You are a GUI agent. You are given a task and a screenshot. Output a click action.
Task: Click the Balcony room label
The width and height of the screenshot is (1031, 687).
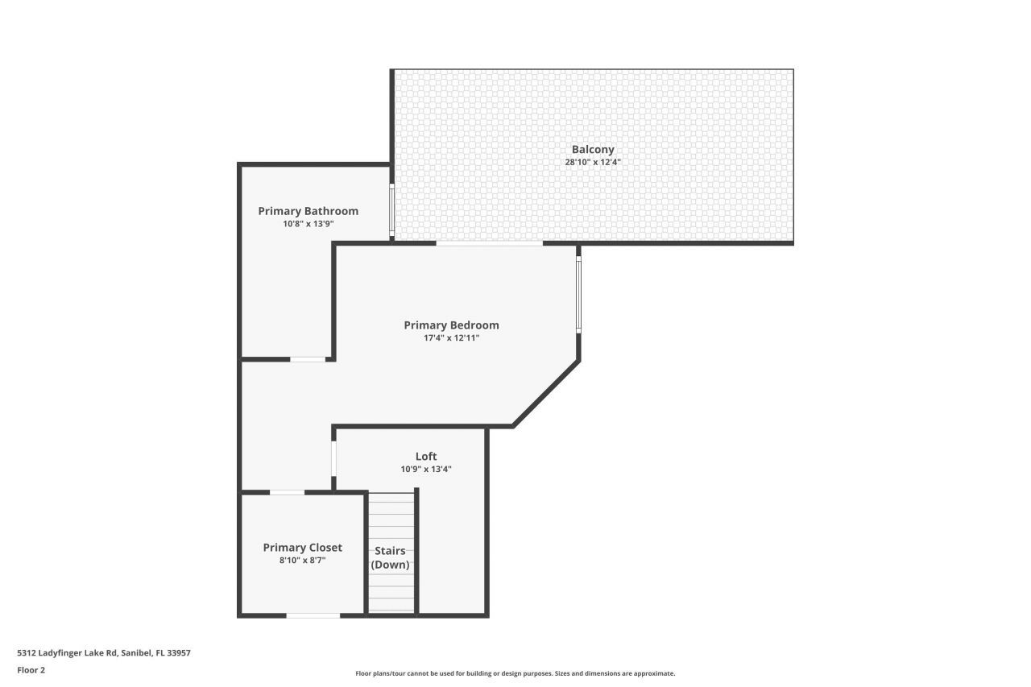tap(593, 149)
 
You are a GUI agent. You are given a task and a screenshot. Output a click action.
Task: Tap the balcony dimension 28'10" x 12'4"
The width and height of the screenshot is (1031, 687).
tap(593, 162)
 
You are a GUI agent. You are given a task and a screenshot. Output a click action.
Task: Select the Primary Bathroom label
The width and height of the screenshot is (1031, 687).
tap(308, 211)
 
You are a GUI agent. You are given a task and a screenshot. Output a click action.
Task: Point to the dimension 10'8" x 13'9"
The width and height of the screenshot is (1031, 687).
tap(308, 224)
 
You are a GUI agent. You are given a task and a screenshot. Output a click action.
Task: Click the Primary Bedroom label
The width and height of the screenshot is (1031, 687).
tap(451, 325)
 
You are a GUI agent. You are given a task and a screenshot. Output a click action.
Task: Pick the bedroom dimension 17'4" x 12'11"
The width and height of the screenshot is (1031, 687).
tap(451, 338)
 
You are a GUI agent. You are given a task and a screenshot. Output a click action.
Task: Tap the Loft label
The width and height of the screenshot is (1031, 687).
tap(426, 457)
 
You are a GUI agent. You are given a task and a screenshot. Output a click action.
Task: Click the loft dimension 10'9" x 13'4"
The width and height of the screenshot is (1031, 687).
tap(426, 469)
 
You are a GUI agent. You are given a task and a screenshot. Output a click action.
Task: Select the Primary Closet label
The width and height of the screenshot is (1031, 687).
tap(302, 548)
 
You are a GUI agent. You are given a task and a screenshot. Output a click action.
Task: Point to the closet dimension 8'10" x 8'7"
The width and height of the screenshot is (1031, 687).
tap(302, 560)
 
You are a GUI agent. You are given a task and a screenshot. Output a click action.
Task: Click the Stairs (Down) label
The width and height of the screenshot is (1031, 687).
tap(390, 557)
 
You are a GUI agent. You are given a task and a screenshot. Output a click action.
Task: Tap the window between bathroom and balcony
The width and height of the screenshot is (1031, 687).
tap(392, 209)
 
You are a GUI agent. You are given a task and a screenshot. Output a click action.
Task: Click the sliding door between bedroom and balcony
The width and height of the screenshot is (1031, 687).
tap(489, 243)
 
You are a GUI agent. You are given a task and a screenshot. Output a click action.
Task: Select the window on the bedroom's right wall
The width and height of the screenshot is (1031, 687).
tap(578, 294)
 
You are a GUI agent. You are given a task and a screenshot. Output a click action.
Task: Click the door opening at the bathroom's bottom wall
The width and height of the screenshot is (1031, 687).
tap(308, 359)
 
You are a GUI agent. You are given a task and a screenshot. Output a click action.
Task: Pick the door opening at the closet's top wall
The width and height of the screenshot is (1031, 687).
tap(287, 492)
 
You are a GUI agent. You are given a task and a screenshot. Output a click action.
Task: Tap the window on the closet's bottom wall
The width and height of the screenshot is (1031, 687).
tap(313, 615)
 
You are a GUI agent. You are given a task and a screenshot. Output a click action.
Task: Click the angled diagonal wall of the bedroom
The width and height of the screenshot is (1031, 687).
tap(546, 393)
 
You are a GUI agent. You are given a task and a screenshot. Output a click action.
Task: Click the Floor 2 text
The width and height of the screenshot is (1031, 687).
tap(31, 669)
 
